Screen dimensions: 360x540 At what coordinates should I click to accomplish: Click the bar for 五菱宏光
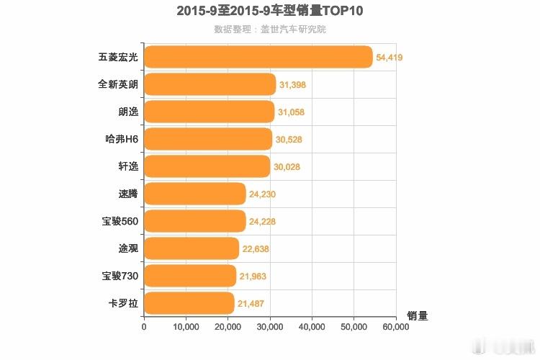tap(258, 57)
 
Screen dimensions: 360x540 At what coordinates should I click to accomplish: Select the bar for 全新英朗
tap(210, 84)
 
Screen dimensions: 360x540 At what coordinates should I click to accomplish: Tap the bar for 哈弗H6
tap(208, 139)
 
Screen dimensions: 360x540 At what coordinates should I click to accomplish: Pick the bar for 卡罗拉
tap(189, 303)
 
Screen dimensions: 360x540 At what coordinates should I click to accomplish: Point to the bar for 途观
tap(192, 248)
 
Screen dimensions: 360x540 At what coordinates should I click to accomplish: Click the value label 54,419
tap(390, 58)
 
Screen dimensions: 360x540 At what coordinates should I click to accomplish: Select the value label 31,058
tap(292, 112)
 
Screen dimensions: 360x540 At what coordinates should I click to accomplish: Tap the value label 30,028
tap(286, 167)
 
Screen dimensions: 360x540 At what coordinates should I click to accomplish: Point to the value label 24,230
tap(262, 194)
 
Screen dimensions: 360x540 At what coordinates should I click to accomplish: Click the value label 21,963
tap(252, 276)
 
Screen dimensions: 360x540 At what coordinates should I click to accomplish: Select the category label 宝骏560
tap(120, 221)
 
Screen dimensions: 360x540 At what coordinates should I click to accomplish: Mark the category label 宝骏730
tap(120, 276)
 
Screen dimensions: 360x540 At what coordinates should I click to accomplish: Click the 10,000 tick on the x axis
tap(186, 327)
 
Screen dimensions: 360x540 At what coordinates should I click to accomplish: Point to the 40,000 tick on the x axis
tap(312, 327)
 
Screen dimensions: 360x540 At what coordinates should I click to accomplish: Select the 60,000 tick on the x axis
tap(395, 327)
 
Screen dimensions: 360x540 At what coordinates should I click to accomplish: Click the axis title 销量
tap(418, 315)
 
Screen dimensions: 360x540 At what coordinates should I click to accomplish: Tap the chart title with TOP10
tap(270, 12)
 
